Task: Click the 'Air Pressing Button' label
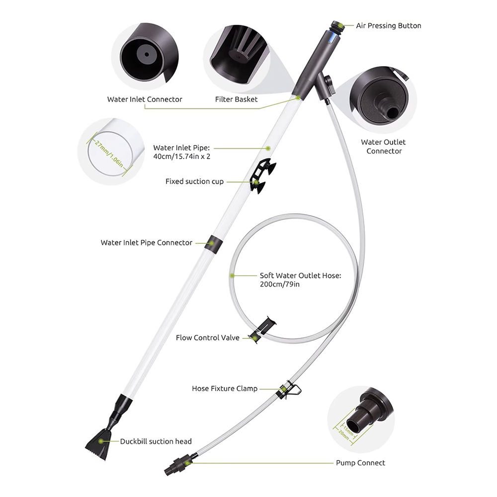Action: coord(389,26)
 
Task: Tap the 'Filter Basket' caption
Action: coord(236,99)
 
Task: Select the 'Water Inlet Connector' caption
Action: coord(145,99)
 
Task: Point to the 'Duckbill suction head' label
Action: coord(156,441)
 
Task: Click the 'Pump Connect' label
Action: coord(360,463)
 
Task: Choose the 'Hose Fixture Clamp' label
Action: coord(225,389)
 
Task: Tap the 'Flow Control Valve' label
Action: coord(208,338)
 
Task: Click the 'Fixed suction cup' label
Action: coord(195,181)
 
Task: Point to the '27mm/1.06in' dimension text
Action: coord(109,154)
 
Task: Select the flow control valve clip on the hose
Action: coord(262,330)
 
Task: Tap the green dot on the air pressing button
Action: coord(340,24)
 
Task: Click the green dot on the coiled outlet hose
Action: coord(232,276)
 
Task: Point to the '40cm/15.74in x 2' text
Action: coord(181,157)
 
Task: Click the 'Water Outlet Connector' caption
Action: coord(383,147)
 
